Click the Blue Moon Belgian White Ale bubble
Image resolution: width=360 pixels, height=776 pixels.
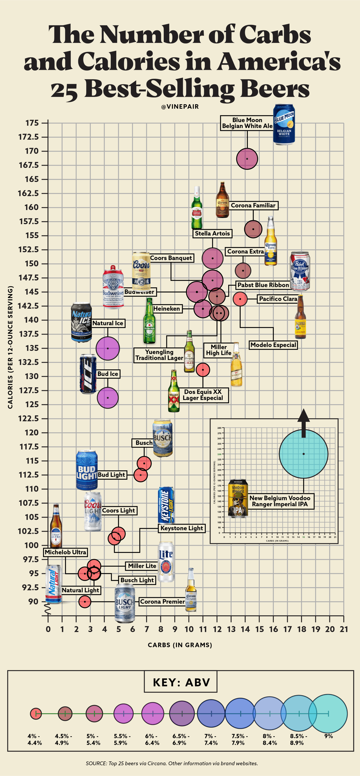pos(247,159)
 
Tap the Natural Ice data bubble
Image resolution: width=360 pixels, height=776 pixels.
pos(108,348)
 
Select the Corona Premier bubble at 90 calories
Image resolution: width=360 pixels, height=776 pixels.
pos(85,601)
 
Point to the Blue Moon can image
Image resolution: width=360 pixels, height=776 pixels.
pos(284,124)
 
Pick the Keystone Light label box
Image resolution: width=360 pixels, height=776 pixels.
pos(182,528)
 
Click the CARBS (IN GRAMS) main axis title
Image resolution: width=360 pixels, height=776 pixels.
pos(180,645)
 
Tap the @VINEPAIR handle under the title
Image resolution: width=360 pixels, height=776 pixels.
pos(180,107)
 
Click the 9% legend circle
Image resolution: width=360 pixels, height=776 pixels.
pos(328,714)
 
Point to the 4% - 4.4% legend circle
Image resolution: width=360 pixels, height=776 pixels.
pos(36,713)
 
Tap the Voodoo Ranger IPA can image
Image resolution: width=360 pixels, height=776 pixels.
pos(238,499)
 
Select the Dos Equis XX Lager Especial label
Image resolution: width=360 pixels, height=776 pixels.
pos(203,395)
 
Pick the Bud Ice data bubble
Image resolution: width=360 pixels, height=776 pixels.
pos(108,398)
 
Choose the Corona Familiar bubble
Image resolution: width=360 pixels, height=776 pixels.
pos(253,229)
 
